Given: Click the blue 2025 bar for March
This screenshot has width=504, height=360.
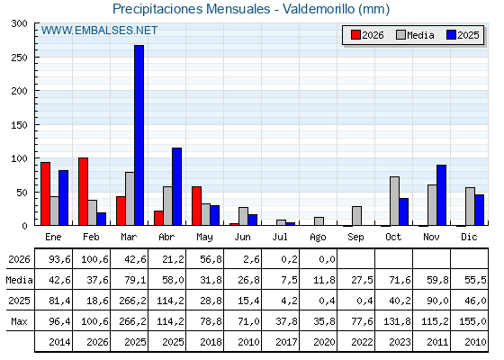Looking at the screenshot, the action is coord(139,135).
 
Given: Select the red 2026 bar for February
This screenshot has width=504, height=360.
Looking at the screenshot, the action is coord(83,191).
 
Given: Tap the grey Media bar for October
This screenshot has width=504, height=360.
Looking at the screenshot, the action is coord(394,201).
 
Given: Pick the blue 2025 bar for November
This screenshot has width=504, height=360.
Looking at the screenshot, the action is coord(441,194).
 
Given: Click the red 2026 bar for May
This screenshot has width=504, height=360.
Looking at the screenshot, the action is coord(197,206).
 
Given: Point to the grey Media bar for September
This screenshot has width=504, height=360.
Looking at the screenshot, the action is coord(356,216).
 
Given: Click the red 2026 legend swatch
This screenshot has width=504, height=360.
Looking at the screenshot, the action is coord(355,35).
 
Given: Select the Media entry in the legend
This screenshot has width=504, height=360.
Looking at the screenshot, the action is coord(415,35).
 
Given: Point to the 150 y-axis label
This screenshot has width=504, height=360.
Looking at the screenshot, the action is coord(19,125).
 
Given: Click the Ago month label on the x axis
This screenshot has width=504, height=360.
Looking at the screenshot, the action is coord(318,238).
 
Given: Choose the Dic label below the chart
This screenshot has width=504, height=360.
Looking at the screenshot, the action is coord(469,237).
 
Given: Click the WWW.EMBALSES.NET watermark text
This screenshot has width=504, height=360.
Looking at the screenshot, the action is coord(99,31).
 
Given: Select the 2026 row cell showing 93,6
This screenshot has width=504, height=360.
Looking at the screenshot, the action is coord(59,259).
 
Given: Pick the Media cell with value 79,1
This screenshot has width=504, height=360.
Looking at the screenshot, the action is coord(135,280).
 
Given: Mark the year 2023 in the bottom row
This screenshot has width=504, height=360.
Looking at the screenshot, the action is coord(400,342).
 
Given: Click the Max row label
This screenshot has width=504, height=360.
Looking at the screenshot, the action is coord(19,321).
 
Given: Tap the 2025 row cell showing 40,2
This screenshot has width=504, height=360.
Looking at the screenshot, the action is coord(400,301).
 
